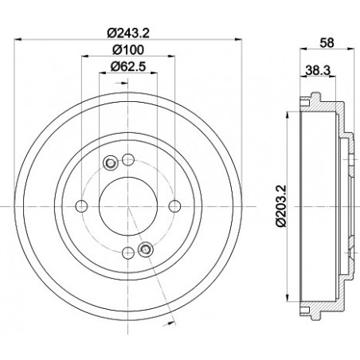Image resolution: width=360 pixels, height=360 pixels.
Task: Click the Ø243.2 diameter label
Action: pos(128,34)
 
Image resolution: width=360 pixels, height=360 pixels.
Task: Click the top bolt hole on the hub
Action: pos(128,157)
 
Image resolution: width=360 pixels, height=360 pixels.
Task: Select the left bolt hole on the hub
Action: pos(81,207)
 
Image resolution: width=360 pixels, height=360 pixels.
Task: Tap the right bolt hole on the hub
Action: pos(175,207)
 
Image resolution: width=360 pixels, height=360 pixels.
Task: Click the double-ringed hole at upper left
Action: pos(111,163)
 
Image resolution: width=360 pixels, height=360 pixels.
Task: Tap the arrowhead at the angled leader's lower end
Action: pos(173,325)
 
